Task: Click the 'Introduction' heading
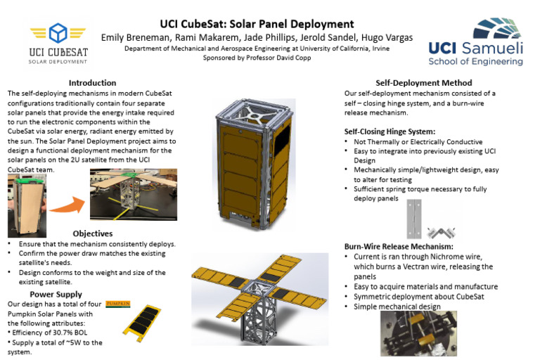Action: point(93,83)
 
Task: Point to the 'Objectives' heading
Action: point(93,233)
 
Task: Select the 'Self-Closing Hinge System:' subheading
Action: point(389,131)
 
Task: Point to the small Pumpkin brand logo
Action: point(117,304)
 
